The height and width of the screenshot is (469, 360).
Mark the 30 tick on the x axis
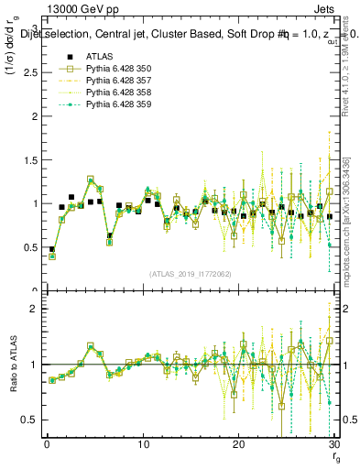tap(333, 445)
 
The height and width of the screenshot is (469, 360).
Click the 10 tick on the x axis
tap(143, 445)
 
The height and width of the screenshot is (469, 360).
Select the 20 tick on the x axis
tap(238, 445)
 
